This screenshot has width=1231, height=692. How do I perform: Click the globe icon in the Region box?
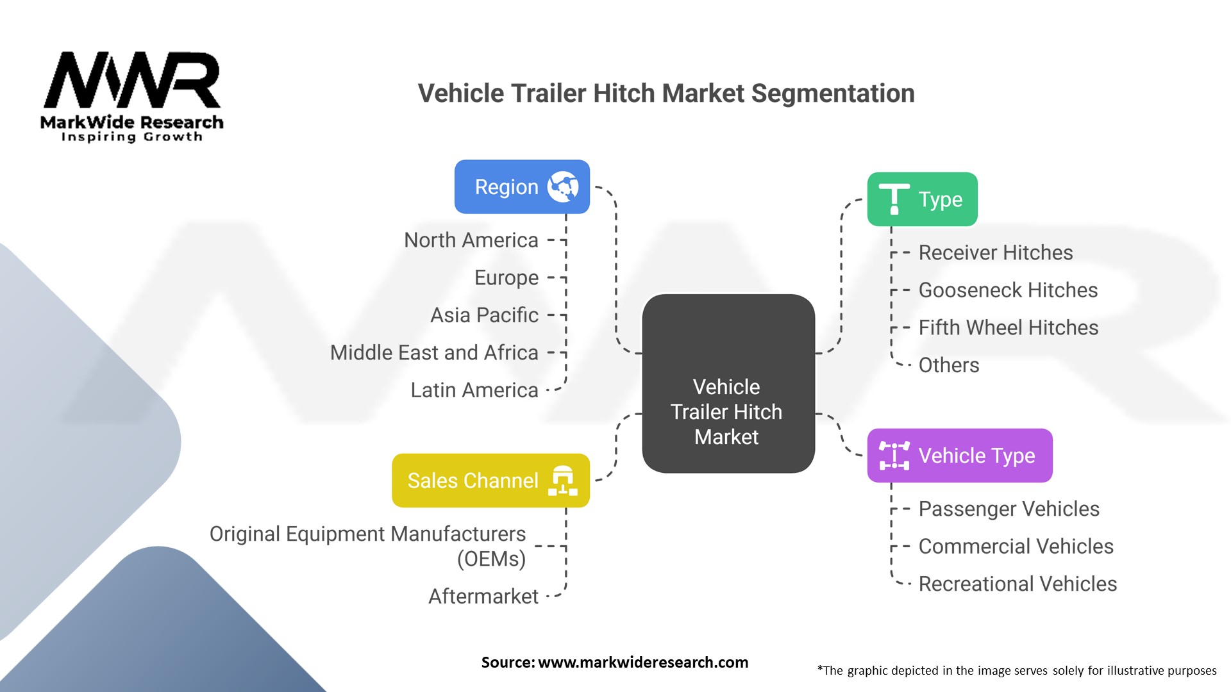[563, 187]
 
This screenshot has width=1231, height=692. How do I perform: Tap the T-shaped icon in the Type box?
[894, 199]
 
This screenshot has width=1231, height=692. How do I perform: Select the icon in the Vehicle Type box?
[894, 456]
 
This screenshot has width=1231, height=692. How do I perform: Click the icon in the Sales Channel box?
[563, 481]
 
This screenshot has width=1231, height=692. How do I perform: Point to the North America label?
[471, 240]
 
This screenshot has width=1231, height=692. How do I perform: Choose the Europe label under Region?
[506, 278]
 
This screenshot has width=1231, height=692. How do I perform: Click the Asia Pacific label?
[484, 315]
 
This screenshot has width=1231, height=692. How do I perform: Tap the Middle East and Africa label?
[434, 352]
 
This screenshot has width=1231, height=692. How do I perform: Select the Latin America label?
[474, 390]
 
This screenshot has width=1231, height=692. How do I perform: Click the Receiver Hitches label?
[995, 252]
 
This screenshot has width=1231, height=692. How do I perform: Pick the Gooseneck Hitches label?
[1008, 290]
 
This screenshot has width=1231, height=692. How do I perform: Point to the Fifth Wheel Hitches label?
[1008, 327]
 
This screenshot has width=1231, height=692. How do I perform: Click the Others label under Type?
[948, 365]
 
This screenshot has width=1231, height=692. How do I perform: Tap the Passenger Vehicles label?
[1009, 509]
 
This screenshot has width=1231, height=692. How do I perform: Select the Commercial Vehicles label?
[1016, 547]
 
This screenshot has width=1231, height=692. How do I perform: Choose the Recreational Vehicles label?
[1017, 584]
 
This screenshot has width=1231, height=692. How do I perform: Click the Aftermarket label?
[483, 597]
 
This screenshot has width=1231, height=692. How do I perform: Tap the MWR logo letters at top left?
[132, 81]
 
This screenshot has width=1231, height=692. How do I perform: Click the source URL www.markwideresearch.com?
[642, 663]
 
